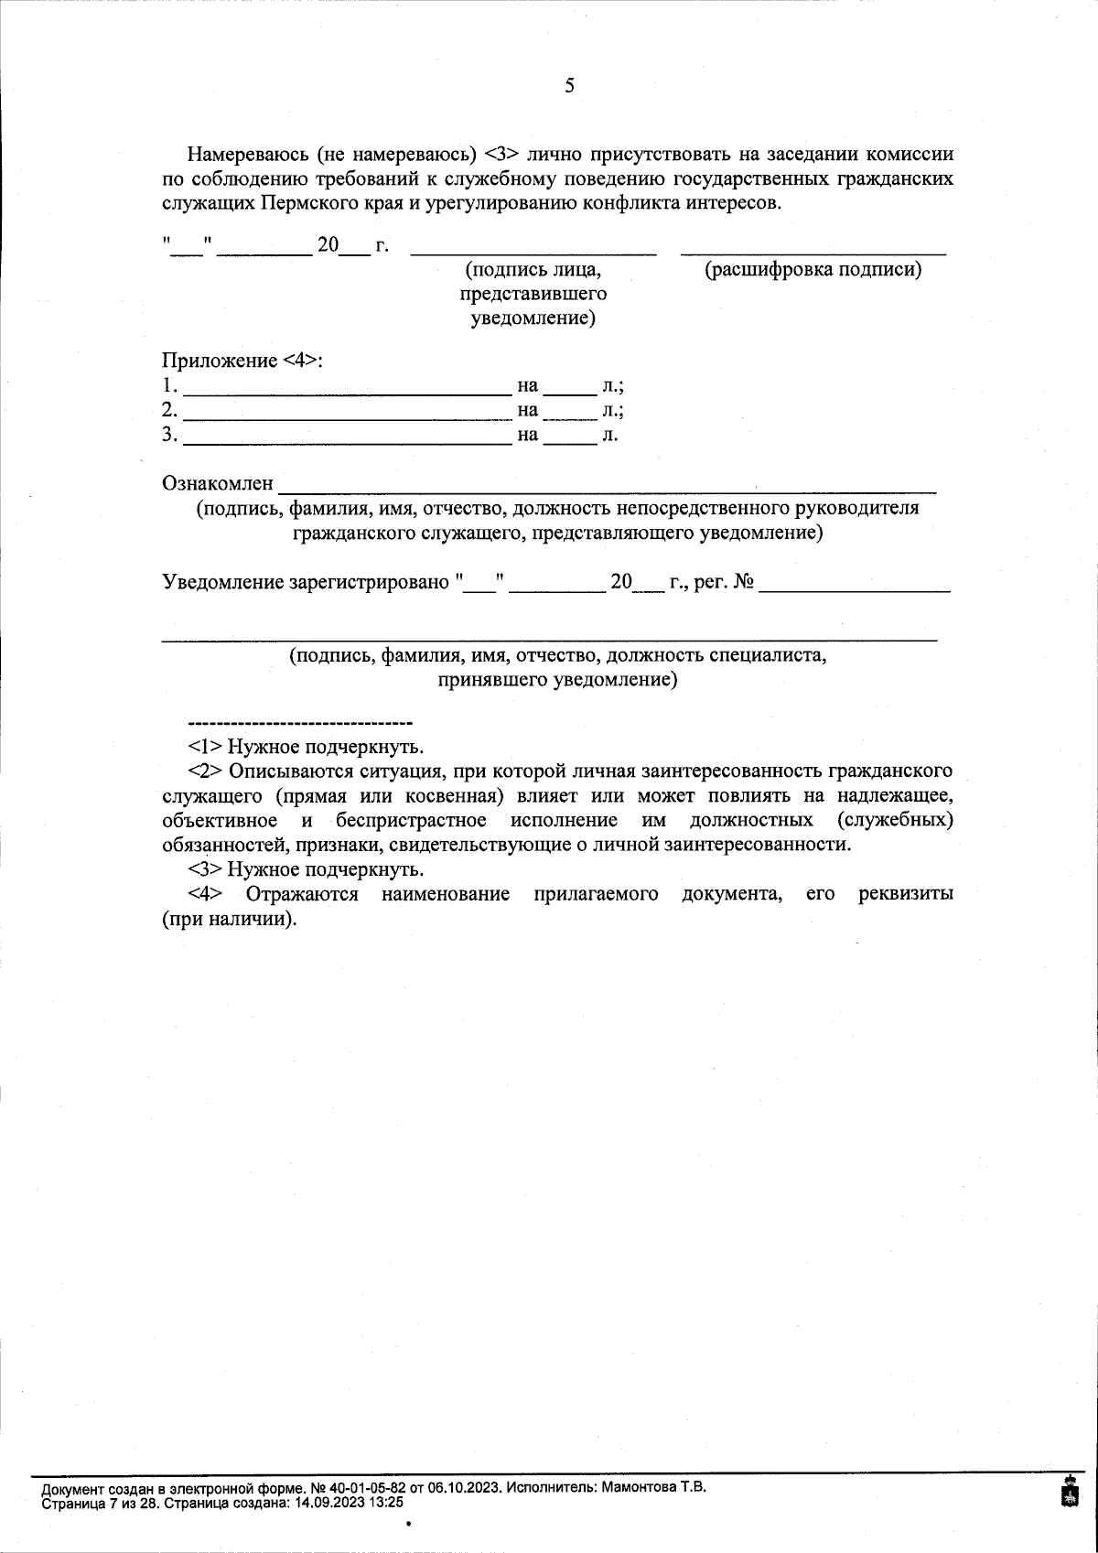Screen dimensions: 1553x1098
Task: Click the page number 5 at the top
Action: pyautogui.click(x=569, y=86)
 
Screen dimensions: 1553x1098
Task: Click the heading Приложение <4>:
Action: pyautogui.click(x=242, y=361)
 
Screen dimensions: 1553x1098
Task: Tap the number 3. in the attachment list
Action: pyautogui.click(x=169, y=435)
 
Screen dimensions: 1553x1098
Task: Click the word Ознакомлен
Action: pyautogui.click(x=218, y=482)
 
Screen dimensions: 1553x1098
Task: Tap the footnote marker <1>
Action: pyautogui.click(x=205, y=746)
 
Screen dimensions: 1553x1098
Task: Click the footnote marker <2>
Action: pyautogui.click(x=205, y=771)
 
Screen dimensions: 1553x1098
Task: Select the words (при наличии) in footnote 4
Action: pyautogui.click(x=230, y=919)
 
